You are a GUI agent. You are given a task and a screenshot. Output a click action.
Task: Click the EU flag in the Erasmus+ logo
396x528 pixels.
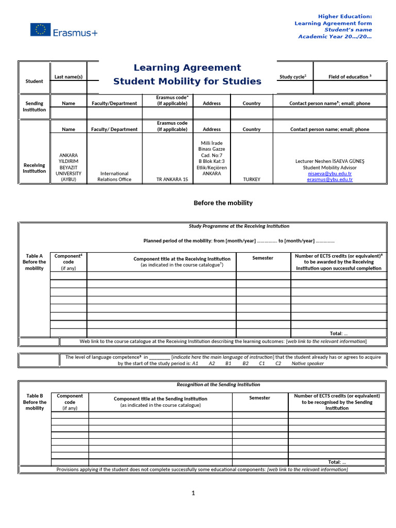coord(40,30)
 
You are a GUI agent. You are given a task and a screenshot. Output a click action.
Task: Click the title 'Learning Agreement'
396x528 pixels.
coord(187,68)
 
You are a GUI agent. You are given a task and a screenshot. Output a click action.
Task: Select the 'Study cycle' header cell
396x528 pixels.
coord(293,77)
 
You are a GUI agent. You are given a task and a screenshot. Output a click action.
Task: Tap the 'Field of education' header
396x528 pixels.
coord(350,77)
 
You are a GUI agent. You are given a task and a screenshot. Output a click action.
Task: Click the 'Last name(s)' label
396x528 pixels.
coord(69,77)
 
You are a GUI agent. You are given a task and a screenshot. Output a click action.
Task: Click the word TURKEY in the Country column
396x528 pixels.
coord(251,179)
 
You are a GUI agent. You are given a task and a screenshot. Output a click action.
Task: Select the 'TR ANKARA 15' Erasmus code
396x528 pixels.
coord(172,179)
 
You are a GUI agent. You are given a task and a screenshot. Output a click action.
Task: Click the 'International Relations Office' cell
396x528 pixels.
coord(114,176)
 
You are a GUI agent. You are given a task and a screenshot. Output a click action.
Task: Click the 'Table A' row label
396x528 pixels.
coord(35,256)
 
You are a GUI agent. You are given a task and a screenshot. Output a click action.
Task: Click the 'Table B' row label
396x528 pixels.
coord(35,396)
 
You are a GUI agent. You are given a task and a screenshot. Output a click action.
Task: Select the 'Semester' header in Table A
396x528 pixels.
coord(263,258)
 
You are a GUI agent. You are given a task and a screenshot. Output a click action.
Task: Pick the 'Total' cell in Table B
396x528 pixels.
coord(337,462)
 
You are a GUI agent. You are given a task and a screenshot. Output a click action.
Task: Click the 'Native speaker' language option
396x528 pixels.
coord(308,364)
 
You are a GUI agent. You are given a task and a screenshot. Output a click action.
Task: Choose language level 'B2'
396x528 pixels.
coord(245,364)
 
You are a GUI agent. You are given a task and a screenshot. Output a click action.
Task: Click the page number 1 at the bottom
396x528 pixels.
coord(193,493)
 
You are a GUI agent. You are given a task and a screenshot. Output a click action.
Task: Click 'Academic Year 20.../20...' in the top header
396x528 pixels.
coord(335,37)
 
